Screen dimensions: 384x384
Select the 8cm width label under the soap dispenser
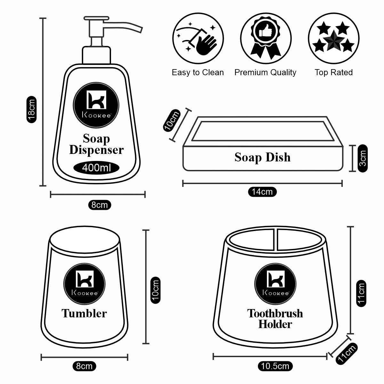coord(100,205)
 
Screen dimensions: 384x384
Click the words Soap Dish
coord(262,157)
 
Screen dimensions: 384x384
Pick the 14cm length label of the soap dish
coord(262,192)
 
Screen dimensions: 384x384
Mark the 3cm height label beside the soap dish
coord(362,158)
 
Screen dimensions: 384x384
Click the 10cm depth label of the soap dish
coord(171,121)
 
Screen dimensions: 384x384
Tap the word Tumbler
coord(84,313)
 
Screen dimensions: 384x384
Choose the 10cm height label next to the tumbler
coord(155,290)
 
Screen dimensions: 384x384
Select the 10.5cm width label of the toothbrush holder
coord(275,366)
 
